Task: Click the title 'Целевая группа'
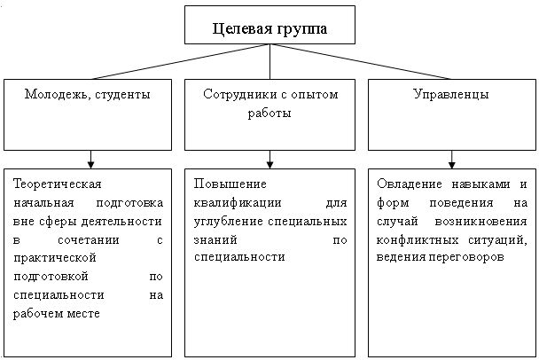(x=269, y=29)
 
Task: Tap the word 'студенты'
(x=122, y=95)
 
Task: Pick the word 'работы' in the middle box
(x=269, y=113)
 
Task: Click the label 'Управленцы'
(x=451, y=94)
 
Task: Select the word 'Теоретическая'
(x=58, y=184)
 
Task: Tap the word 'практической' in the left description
(x=55, y=258)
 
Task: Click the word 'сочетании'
(x=89, y=239)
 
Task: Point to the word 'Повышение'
(x=230, y=184)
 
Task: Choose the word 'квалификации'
(x=238, y=203)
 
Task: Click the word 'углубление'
(x=229, y=222)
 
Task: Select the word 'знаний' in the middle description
(x=215, y=239)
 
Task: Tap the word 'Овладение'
(x=410, y=184)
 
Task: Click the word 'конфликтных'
(x=418, y=239)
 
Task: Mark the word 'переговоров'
(x=466, y=257)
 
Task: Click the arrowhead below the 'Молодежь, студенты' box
(x=90, y=164)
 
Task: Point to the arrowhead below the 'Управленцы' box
(x=452, y=164)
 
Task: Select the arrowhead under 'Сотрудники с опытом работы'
(x=269, y=164)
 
